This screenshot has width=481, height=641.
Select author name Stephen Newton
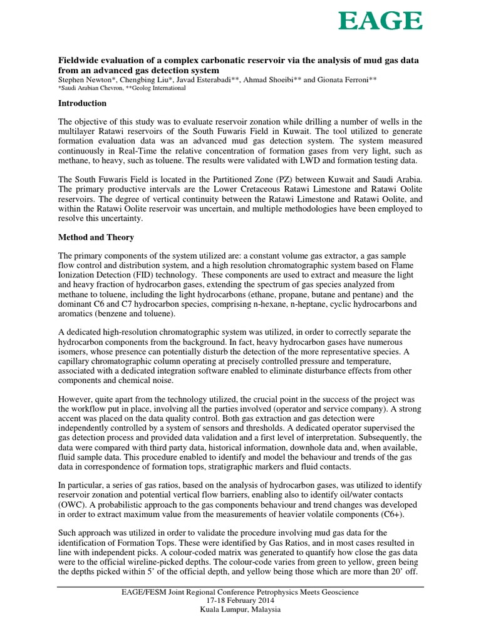pos(86,80)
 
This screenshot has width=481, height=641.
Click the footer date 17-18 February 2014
pos(240,600)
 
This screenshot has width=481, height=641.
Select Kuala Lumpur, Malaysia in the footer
pos(240,609)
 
